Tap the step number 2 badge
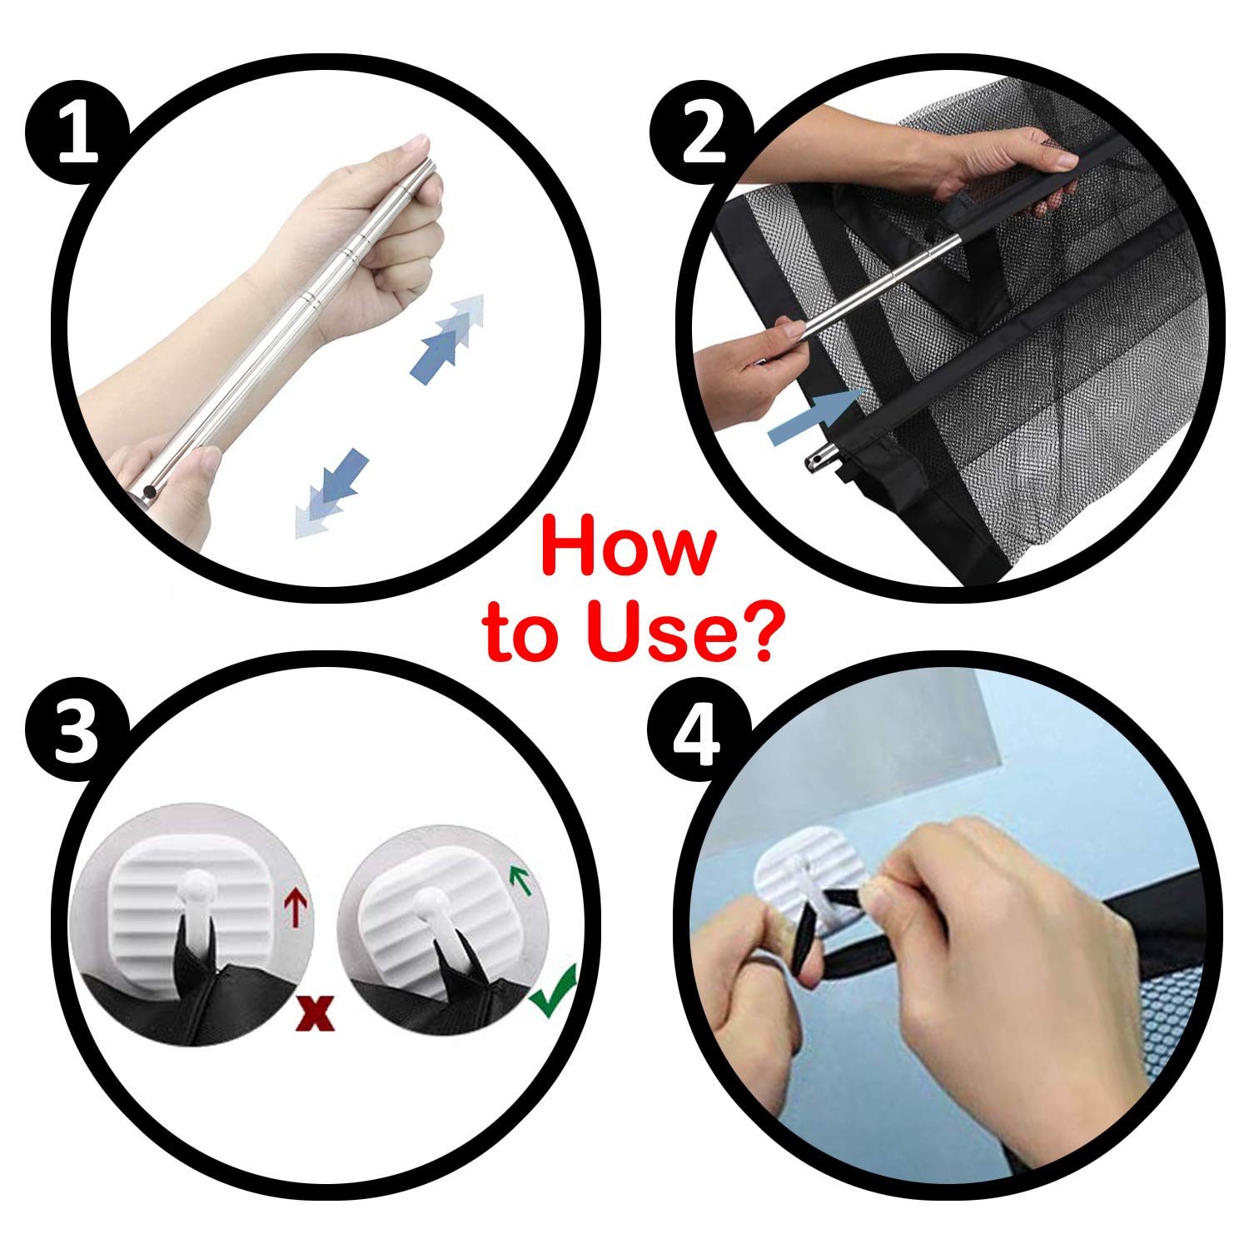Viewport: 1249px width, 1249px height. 702,134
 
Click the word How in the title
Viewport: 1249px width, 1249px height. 629,547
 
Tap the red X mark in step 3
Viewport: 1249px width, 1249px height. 316,1011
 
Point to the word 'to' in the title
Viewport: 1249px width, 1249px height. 526,634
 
